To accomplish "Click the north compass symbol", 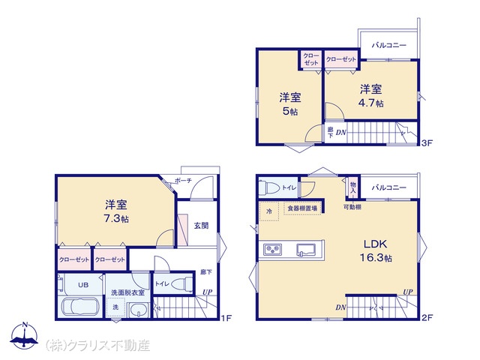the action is (24, 335).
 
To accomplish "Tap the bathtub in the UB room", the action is (81, 307).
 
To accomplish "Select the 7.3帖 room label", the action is (116, 218).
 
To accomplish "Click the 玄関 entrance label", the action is (201, 226).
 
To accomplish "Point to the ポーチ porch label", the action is (183, 181).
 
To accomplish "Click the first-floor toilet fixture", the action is (181, 284).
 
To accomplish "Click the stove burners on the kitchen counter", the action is (273, 250).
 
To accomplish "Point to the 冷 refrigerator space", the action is (269, 211).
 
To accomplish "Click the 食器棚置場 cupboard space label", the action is (302, 208).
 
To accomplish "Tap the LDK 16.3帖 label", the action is (376, 251).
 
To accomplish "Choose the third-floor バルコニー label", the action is (389, 45).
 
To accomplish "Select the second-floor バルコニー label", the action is (389, 187).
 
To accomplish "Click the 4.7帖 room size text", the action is (370, 103).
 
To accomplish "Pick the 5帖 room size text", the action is (290, 111).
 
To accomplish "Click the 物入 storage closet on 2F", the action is (353, 187).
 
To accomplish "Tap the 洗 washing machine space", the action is (115, 307).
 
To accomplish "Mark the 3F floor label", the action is (427, 143).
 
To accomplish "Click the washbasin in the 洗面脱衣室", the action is (139, 310).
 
